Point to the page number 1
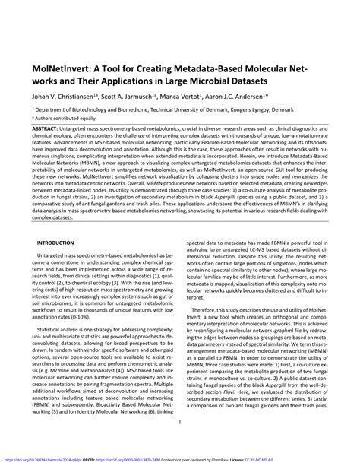pos(179,445)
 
